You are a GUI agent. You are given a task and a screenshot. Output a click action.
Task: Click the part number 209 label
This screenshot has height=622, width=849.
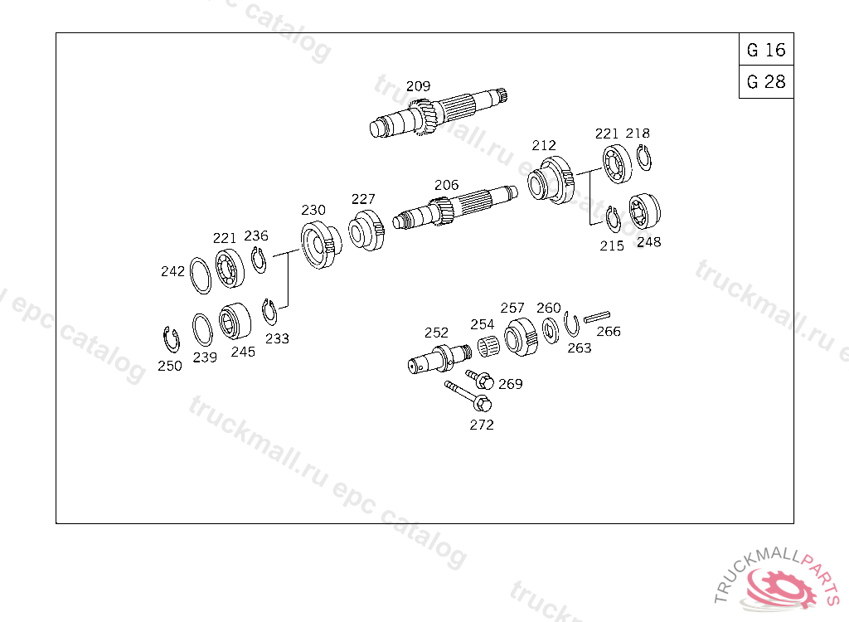tap(418, 86)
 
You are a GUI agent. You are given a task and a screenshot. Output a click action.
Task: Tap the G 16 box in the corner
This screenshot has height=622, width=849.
tap(766, 50)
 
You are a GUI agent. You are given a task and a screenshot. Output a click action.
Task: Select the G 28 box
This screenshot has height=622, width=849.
tap(766, 82)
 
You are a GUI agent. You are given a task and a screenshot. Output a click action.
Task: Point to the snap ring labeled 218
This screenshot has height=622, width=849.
tap(643, 158)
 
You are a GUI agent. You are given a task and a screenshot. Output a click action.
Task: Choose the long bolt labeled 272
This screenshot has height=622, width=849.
tap(468, 396)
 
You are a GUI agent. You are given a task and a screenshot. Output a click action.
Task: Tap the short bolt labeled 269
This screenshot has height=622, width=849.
tap(480, 379)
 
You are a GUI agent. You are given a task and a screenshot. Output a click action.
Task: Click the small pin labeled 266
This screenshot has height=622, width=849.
tap(597, 317)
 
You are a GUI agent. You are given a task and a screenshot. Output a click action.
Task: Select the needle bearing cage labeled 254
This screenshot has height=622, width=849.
tap(488, 347)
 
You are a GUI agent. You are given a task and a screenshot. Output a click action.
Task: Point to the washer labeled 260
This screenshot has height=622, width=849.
tap(551, 331)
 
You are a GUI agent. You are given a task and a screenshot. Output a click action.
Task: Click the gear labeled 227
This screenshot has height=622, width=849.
tap(366, 231)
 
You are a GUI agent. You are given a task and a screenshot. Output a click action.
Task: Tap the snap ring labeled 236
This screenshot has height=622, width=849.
tap(259, 260)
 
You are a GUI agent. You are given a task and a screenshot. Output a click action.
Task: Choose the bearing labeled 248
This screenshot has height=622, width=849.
tap(644, 211)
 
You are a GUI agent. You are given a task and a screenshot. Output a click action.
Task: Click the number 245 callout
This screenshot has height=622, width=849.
tap(243, 352)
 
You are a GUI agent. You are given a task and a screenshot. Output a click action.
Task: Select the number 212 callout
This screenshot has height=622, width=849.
tap(544, 146)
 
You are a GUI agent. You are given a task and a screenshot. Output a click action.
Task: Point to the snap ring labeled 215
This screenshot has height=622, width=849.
tap(613, 220)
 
